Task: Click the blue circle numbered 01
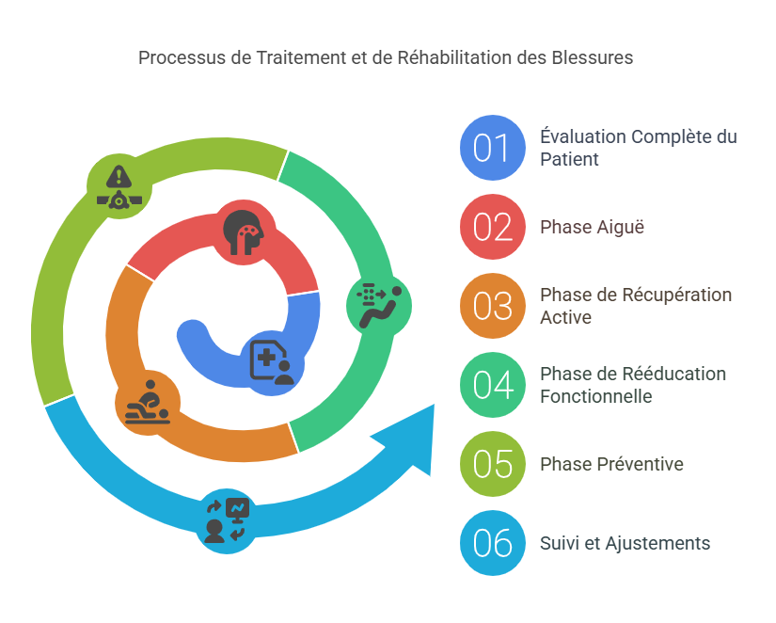(492, 149)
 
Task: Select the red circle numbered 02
(492, 228)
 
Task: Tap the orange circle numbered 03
(492, 307)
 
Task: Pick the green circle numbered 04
(492, 386)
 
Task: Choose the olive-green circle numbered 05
(492, 465)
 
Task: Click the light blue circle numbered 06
(492, 544)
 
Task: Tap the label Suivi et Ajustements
(625, 544)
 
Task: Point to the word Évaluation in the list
(583, 137)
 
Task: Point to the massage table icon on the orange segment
(148, 402)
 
